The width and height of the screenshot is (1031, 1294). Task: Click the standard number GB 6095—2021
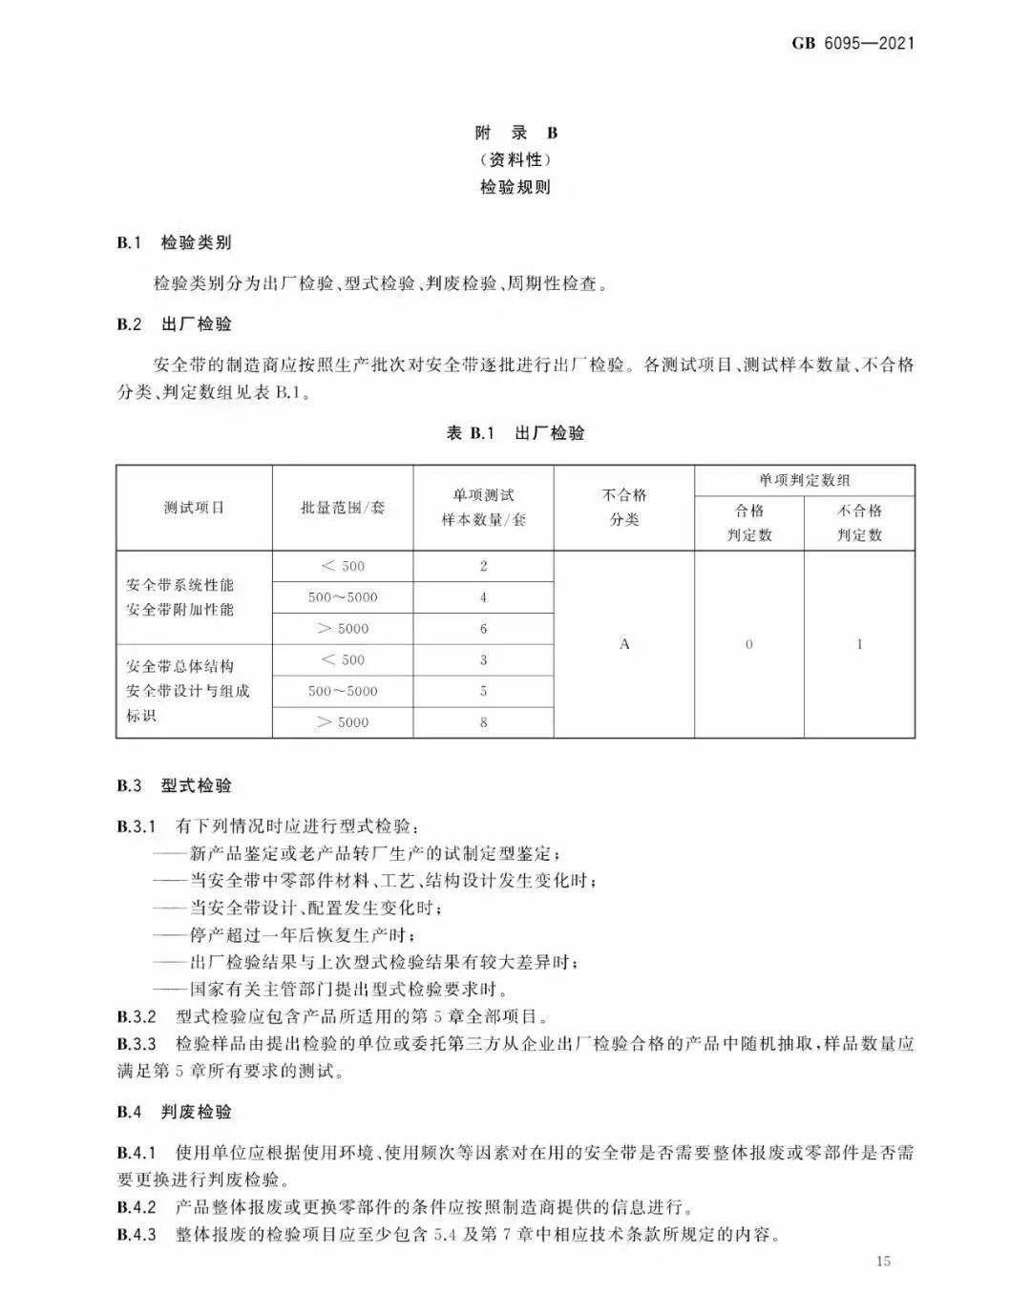pos(852,43)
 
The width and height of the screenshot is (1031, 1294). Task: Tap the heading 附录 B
pos(515,133)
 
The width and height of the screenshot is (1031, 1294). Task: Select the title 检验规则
pos(515,187)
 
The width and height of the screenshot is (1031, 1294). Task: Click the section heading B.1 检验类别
pos(175,242)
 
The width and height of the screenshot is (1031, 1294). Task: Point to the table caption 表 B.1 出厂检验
pos(515,433)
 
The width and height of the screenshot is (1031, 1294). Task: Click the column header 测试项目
pos(194,508)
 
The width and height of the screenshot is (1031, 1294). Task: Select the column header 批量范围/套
pos(343,508)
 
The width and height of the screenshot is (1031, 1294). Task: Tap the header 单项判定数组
pos(805,480)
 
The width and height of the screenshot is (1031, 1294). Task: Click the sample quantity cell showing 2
pos(483,566)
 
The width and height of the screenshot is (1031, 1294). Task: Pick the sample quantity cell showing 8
pos(483,722)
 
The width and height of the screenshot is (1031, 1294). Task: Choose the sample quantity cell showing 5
pos(483,691)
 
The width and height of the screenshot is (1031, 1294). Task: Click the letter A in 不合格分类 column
pos(624,644)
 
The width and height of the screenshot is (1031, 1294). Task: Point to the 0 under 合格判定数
pos(748,644)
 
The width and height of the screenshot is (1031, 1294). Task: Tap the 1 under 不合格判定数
pos(859,644)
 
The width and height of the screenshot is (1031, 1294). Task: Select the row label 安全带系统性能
pos(179,585)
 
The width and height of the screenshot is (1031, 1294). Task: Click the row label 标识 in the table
pos(141,716)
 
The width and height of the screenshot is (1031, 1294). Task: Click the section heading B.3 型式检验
pos(175,785)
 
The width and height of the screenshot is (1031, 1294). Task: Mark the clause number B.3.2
pos(137,1016)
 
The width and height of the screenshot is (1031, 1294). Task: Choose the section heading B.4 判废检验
pos(175,1112)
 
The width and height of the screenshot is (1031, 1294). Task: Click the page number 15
pos(883,1262)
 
